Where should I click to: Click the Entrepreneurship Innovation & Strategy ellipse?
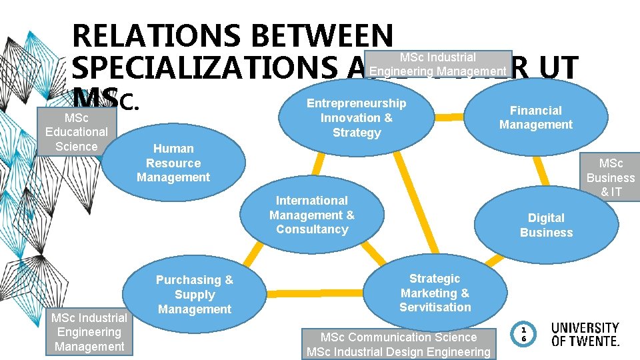(356, 118)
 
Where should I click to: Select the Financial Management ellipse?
(536, 117)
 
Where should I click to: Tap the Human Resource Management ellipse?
(173, 163)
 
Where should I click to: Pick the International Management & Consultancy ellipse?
(312, 215)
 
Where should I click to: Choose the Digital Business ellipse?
(546, 225)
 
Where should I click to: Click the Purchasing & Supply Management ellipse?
(195, 295)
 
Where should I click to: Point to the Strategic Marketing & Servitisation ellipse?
(435, 293)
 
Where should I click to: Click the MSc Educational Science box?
(76, 131)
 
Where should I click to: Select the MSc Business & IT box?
(611, 176)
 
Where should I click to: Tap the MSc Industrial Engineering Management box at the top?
(437, 64)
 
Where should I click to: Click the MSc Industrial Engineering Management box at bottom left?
(89, 332)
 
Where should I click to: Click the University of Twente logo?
(585, 334)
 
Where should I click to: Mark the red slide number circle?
(524, 334)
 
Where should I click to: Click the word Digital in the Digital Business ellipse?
(546, 218)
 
